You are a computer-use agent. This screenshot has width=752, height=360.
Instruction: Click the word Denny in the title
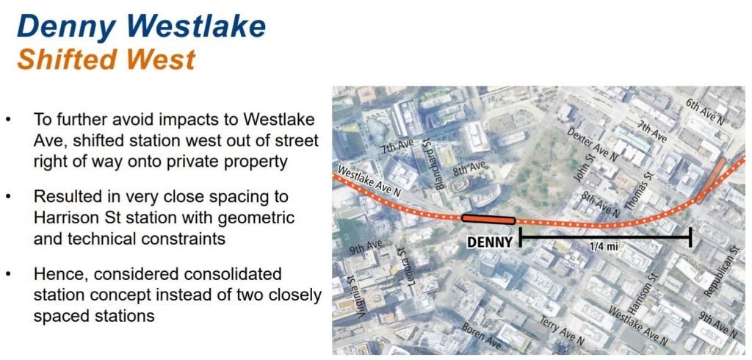(65, 27)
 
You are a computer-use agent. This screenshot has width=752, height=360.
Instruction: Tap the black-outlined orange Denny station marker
(488, 220)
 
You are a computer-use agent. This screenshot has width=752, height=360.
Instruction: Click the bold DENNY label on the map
(490, 242)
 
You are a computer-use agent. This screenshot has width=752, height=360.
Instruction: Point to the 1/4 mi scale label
(604, 247)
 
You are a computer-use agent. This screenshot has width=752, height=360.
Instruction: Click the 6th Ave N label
(704, 112)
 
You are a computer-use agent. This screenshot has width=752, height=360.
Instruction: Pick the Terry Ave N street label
(562, 331)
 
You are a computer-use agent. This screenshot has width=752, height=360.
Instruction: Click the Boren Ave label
(481, 336)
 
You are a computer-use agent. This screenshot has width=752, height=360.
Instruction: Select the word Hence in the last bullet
(61, 274)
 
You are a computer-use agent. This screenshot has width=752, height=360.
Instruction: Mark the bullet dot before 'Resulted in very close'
(8, 197)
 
